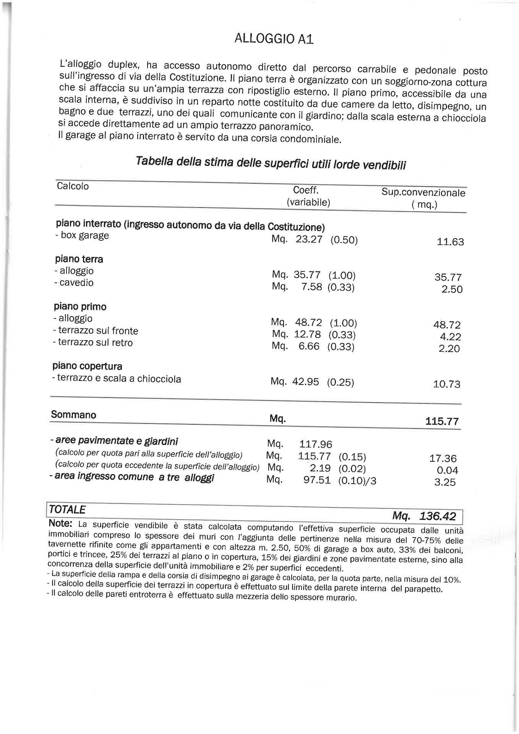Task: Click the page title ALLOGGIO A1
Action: pyautogui.click(x=274, y=39)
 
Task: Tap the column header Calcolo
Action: pyautogui.click(x=73, y=186)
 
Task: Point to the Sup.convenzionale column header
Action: pyautogui.click(x=423, y=193)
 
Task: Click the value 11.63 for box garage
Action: pyautogui.click(x=450, y=242)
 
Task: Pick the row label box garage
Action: pyautogui.click(x=82, y=235)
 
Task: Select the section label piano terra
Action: pyautogui.click(x=79, y=259)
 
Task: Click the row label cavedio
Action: pyautogui.click(x=74, y=283)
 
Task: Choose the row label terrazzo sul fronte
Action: pyautogui.click(x=96, y=331)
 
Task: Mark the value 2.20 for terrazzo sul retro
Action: pyautogui.click(x=449, y=349)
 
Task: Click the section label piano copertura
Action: pyautogui.click(x=88, y=366)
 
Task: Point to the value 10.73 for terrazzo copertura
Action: pyautogui.click(x=446, y=384)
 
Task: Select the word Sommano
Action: pyautogui.click(x=73, y=415)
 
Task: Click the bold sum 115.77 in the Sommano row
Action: pyautogui.click(x=442, y=421)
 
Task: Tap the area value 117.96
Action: pyautogui.click(x=316, y=445)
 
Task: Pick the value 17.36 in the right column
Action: pyautogui.click(x=443, y=459)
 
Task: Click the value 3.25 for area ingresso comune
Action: pyautogui.click(x=445, y=482)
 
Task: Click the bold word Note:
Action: pyautogui.click(x=61, y=523)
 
